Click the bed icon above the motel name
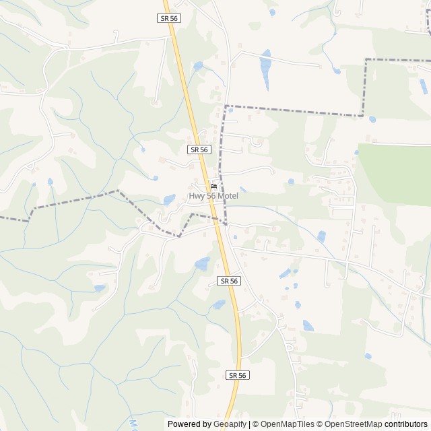(x=213, y=187)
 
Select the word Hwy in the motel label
(x=197, y=197)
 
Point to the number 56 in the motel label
(x=210, y=197)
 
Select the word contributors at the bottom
(x=405, y=424)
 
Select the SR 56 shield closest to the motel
(x=199, y=150)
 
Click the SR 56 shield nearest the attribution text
(x=237, y=375)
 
